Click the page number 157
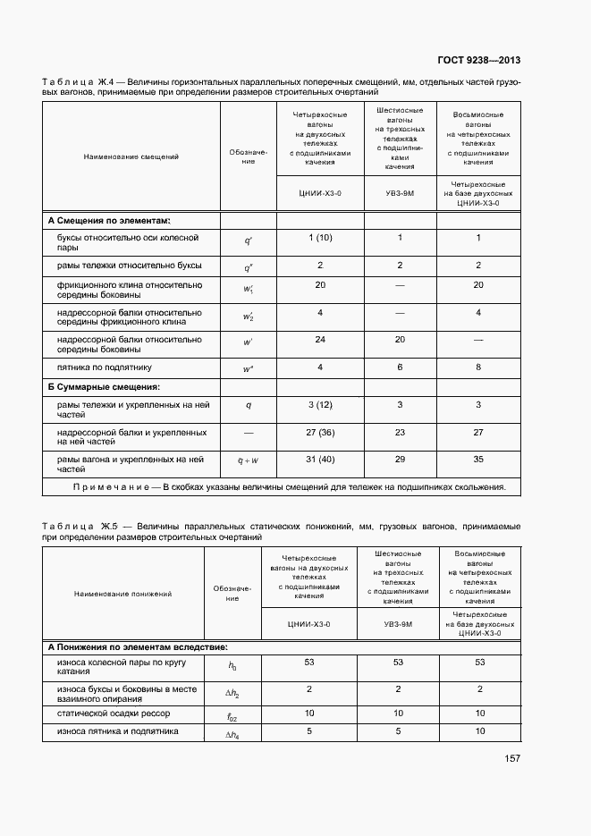tap(512, 759)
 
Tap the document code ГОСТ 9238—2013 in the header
tap(478, 61)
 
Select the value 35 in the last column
tap(478, 460)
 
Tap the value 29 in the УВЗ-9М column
tap(400, 460)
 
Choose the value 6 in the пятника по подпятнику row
tap(400, 367)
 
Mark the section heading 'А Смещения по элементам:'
tap(109, 220)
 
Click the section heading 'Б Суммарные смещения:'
tap(104, 386)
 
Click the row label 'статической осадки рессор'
tap(113, 713)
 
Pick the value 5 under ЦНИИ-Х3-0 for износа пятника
tap(308, 731)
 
